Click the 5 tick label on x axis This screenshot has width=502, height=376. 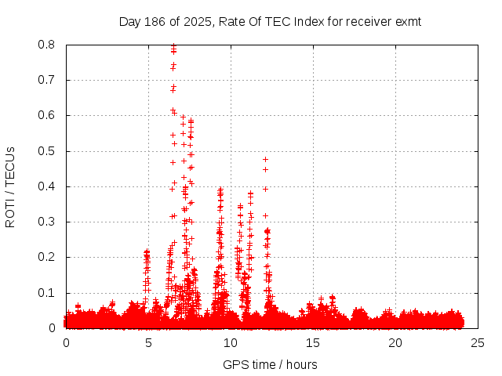click(x=148, y=343)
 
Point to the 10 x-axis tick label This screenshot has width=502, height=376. click(x=231, y=343)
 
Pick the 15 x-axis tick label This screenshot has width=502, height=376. click(x=313, y=343)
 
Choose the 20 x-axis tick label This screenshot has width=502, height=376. click(x=395, y=343)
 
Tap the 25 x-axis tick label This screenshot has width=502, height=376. click(x=478, y=343)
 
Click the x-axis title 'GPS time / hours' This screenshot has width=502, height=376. click(x=270, y=364)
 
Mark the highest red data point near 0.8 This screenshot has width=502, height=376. click(x=173, y=46)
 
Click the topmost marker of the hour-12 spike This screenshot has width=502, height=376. click(x=265, y=159)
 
